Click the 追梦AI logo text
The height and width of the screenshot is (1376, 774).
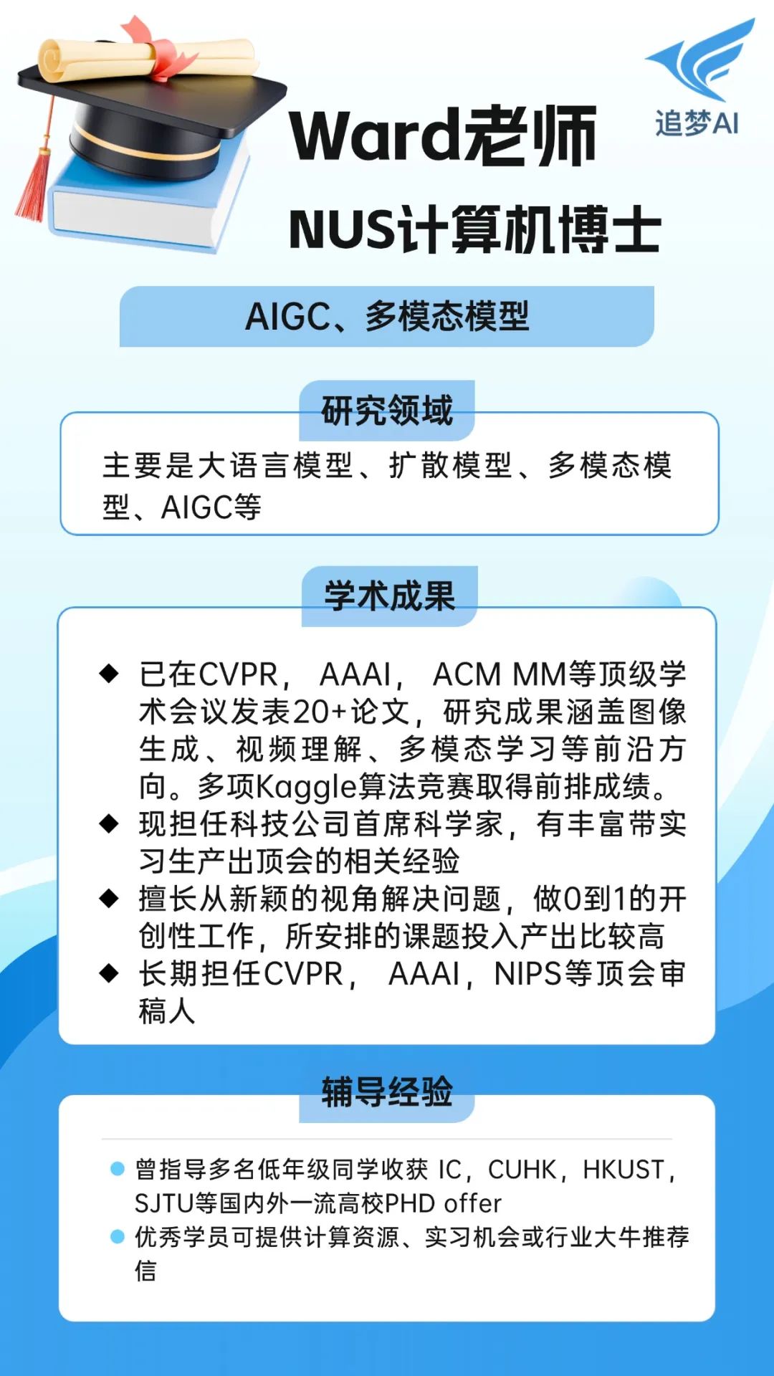coord(697,123)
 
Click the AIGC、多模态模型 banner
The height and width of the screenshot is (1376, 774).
coord(387,316)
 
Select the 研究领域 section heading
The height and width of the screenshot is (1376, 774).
coord(387,411)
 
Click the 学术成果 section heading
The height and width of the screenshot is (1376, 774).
coord(389,596)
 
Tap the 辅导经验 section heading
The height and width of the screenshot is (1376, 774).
coord(387,1092)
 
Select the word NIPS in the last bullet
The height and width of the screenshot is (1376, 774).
coord(527,974)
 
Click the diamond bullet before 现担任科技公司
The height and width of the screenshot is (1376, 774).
coord(109,823)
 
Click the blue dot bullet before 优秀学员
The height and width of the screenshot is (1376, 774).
coord(118,1236)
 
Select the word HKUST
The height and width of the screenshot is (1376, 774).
coord(623,1170)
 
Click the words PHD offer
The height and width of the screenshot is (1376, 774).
coord(443,1203)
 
